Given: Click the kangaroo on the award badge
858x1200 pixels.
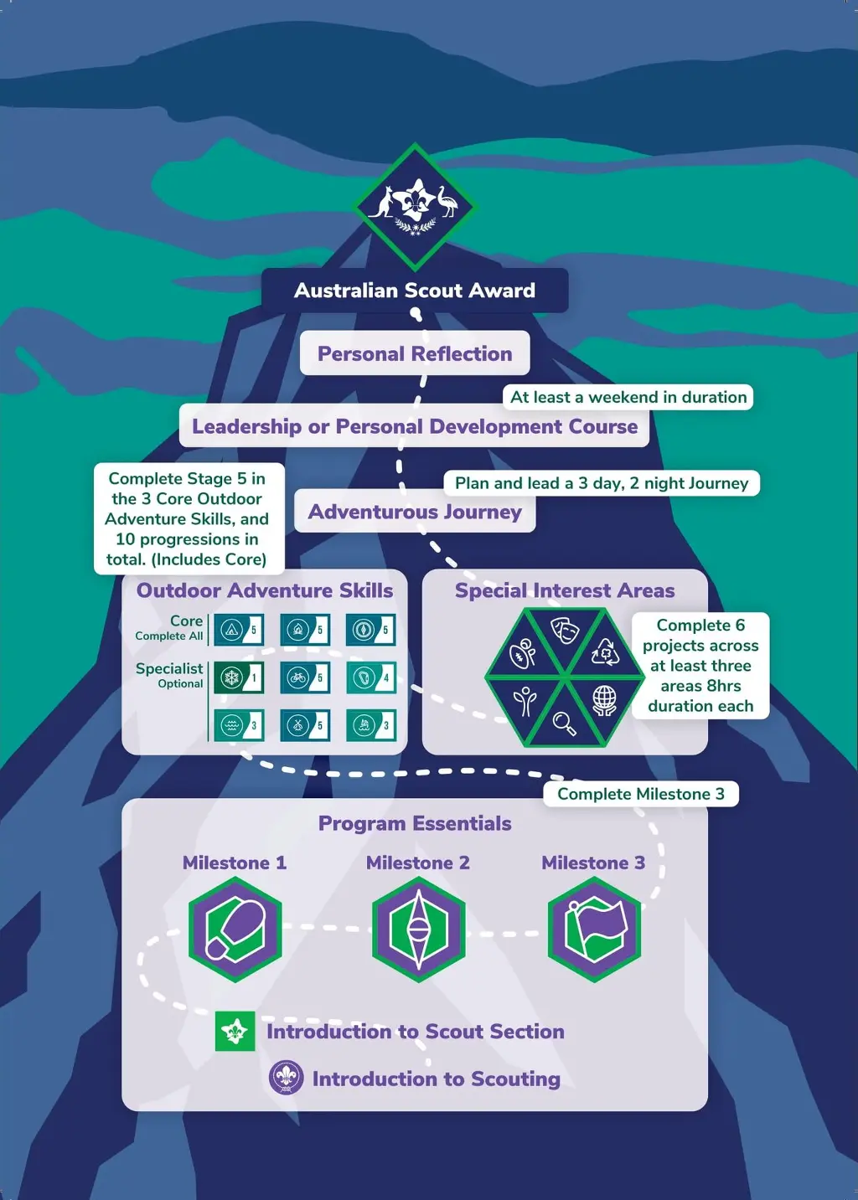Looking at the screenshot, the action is click(384, 202).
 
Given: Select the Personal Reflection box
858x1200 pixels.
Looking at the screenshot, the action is click(415, 353).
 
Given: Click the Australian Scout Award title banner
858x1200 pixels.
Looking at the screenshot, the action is click(415, 291).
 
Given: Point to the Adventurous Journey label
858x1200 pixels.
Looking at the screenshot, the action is click(415, 512).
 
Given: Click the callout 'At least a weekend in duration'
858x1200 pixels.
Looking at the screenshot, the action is click(628, 397).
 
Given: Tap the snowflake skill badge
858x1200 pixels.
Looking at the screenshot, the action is click(239, 677).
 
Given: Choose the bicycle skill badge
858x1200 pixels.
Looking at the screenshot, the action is click(305, 677).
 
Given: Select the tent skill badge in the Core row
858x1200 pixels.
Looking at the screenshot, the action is click(239, 630).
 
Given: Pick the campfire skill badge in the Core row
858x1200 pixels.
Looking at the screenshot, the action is click(305, 630).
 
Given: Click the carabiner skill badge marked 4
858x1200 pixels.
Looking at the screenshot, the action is click(371, 677).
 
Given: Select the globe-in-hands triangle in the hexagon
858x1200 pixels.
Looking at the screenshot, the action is click(603, 699).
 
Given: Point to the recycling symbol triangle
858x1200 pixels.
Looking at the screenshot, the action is click(603, 652).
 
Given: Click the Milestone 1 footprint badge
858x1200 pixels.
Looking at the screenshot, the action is click(235, 930).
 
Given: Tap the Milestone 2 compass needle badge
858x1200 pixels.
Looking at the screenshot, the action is click(419, 930).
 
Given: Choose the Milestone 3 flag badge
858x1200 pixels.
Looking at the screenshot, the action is click(594, 930).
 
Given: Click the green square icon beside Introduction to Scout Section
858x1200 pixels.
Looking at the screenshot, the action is click(235, 1031).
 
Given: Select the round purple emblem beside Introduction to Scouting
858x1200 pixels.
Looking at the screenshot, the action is click(287, 1078).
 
